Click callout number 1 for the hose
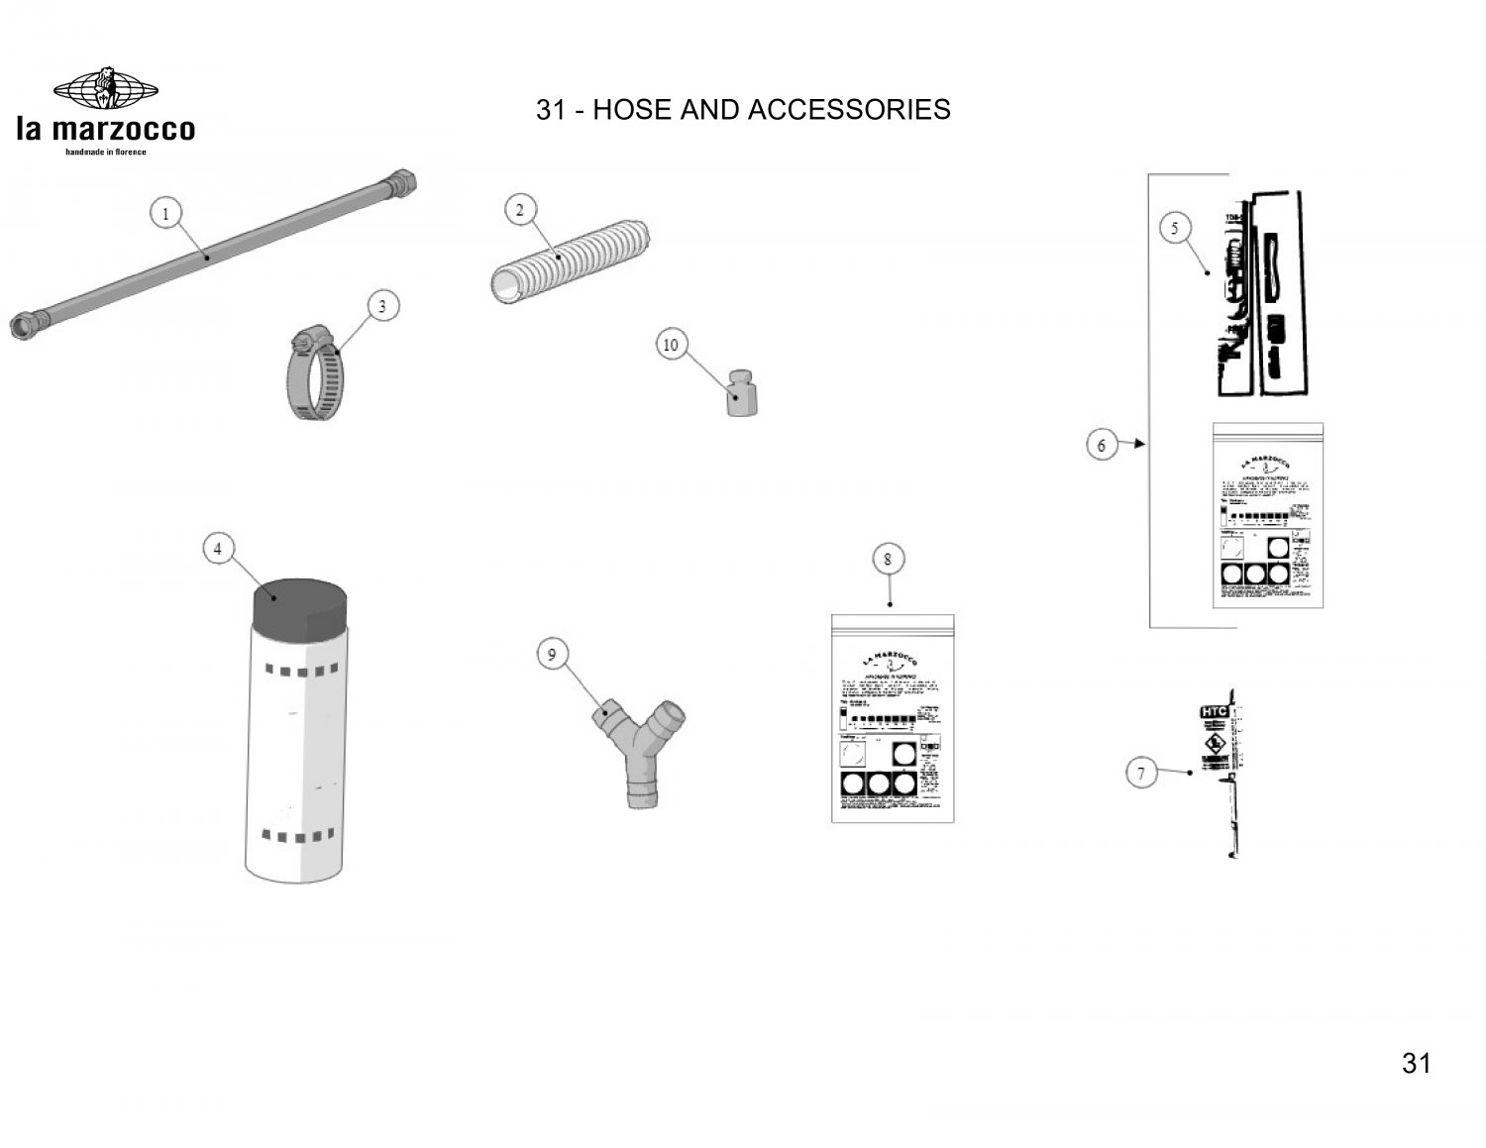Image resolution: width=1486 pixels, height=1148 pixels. pyautogui.click(x=166, y=213)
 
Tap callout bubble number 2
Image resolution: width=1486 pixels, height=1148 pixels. pyautogui.click(x=520, y=210)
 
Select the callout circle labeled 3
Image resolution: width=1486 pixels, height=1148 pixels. pyautogui.click(x=382, y=307)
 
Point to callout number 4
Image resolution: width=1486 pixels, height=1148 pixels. pyautogui.click(x=218, y=548)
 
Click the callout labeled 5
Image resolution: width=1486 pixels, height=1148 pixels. pyautogui.click(x=1175, y=229)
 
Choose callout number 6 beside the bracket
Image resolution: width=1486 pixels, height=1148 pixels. pyautogui.click(x=1102, y=445)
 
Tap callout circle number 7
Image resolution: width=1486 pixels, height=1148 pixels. pyautogui.click(x=1141, y=773)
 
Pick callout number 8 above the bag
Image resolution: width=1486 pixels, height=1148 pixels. pyautogui.click(x=888, y=560)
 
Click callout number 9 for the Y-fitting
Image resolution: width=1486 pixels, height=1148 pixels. pyautogui.click(x=553, y=654)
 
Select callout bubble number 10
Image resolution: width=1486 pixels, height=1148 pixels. pyautogui.click(x=671, y=345)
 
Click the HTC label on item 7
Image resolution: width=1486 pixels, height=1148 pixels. pyautogui.click(x=1214, y=712)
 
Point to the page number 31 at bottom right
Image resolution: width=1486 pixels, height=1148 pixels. pyautogui.click(x=1417, y=1064)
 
